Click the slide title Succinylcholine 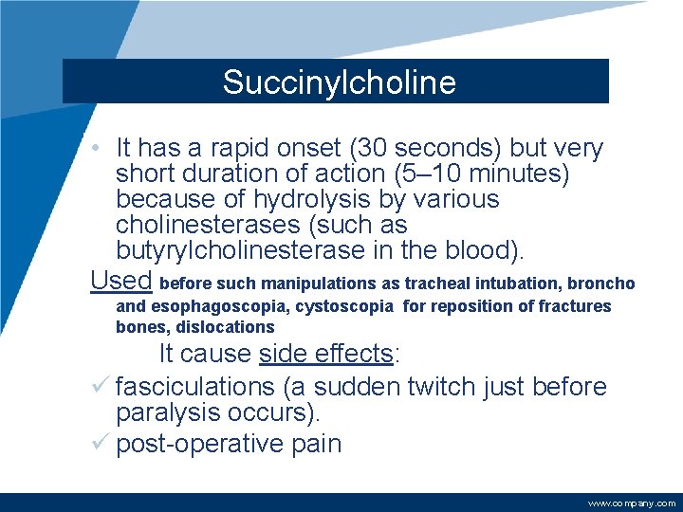pos(339,82)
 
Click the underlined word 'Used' pos(121,280)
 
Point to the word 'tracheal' pos(437,283)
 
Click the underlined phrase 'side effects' pos(325,354)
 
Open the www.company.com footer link pos(632,503)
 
